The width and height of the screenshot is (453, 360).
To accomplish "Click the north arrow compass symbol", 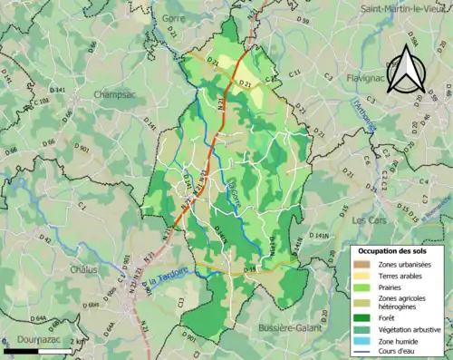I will (405, 69).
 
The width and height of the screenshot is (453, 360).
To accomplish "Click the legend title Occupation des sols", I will (399, 250).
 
